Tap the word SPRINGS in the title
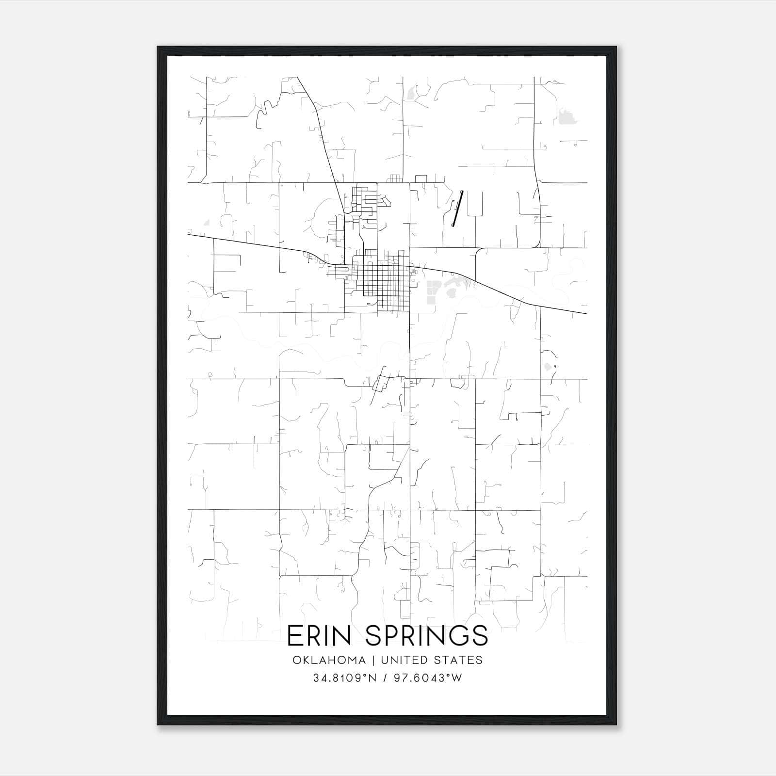[x=426, y=636]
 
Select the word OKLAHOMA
[x=329, y=660]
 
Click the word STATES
[x=458, y=660]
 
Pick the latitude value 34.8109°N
[x=345, y=678]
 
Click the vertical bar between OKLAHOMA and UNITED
[x=373, y=660]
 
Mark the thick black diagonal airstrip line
[x=457, y=208]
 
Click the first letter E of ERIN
[x=294, y=636]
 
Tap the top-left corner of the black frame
[x=158, y=47]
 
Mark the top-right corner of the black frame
[x=616, y=47]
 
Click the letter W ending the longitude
[x=457, y=678]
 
